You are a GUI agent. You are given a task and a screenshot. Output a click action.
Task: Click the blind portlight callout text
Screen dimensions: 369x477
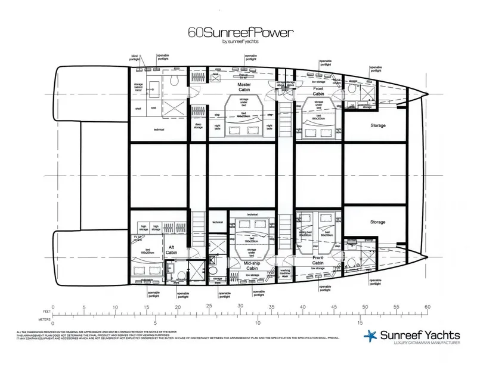[138, 57]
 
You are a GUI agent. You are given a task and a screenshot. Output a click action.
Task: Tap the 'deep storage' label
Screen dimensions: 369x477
[199, 125]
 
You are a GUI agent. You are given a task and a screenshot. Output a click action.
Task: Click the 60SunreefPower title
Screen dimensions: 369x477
[238, 33]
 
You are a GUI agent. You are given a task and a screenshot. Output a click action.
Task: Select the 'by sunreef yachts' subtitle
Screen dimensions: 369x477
[238, 42]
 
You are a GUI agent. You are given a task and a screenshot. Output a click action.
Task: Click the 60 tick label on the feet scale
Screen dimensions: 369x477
[426, 307]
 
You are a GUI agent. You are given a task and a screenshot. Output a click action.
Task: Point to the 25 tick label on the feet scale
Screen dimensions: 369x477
[209, 307]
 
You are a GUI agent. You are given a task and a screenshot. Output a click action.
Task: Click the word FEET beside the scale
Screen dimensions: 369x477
[44, 310]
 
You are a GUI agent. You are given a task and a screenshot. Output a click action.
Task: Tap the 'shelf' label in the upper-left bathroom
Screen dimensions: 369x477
[138, 109]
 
